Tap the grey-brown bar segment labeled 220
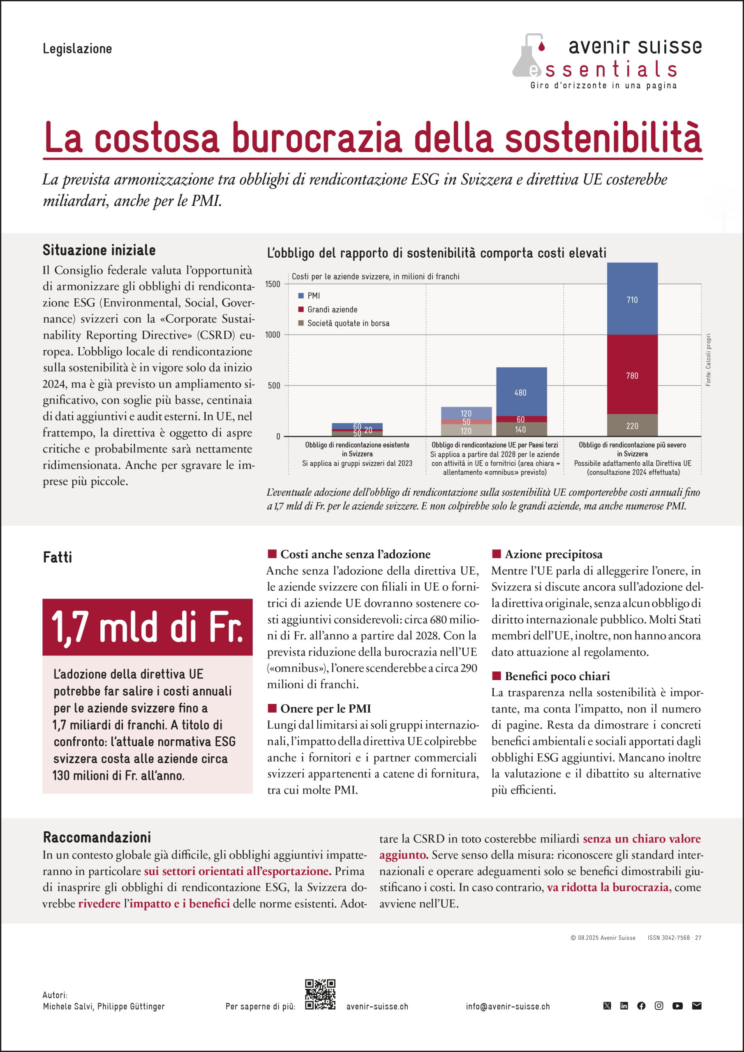click(632, 425)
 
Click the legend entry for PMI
click(314, 295)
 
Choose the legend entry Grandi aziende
click(332, 309)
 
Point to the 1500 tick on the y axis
click(273, 284)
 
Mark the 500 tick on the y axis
click(275, 386)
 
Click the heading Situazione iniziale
click(99, 250)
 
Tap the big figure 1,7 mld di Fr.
click(147, 627)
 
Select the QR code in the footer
click(320, 994)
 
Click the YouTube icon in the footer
click(677, 1006)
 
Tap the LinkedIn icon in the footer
click(624, 1006)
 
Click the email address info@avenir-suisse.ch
click(508, 1007)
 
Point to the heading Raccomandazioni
click(97, 837)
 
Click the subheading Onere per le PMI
click(325, 708)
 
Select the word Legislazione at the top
click(77, 48)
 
